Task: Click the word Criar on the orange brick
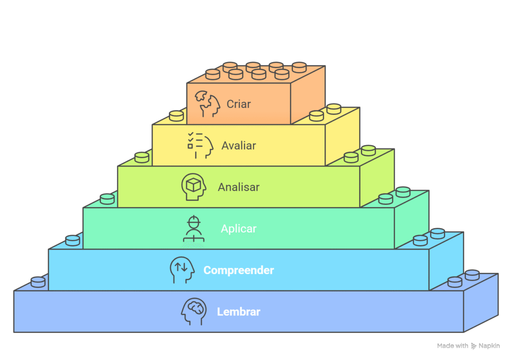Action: [x=238, y=104]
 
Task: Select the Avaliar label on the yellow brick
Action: [x=238, y=146]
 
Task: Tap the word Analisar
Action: [x=238, y=187]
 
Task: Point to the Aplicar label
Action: [x=238, y=229]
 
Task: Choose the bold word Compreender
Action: [x=238, y=270]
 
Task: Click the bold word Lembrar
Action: [x=238, y=312]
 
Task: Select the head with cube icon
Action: [x=193, y=186]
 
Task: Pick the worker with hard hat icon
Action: [x=193, y=229]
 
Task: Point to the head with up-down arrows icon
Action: [x=181, y=270]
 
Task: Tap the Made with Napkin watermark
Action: [x=468, y=345]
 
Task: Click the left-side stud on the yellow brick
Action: [x=176, y=116]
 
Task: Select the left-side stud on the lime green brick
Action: [x=141, y=157]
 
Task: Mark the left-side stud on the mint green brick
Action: [x=107, y=199]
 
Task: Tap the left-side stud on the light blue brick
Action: [x=72, y=240]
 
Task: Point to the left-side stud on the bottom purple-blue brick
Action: [x=38, y=282]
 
